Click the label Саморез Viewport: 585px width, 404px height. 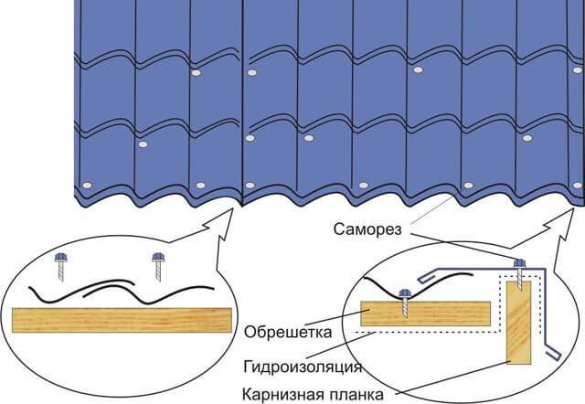367,229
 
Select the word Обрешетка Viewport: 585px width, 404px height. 288,332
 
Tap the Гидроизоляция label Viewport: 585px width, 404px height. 303,367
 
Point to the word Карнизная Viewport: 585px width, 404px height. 282,394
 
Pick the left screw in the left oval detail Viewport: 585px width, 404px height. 61,266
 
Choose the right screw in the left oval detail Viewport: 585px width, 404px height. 158,266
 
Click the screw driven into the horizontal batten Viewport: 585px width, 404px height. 405,303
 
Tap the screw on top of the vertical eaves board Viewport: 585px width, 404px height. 520,274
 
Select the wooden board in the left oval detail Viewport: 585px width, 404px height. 122,320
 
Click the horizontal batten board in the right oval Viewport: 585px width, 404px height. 425,314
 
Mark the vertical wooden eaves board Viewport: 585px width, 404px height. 518,323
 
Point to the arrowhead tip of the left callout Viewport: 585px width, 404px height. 233,209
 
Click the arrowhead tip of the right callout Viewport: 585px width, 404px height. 573,209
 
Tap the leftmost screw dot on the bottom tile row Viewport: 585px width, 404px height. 87,186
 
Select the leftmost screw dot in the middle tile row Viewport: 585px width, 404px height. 143,144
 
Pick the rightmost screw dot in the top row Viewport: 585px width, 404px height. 577,70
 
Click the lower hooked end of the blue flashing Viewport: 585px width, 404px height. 554,354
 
